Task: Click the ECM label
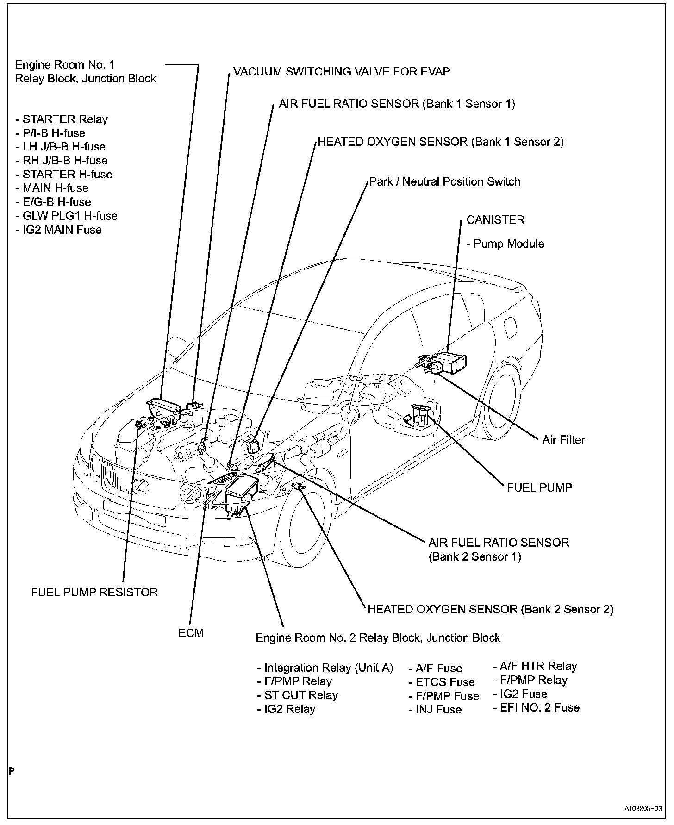191,633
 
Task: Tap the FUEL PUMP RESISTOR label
94,592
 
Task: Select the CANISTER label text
495,219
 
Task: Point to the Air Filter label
563,440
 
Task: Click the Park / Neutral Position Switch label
445,181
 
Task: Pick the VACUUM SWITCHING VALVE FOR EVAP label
342,72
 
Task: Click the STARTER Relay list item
62,119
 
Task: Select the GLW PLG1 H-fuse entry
66,216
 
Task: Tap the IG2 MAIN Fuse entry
58,230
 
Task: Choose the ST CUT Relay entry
298,695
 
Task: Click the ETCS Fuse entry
442,682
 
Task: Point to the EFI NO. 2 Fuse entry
536,707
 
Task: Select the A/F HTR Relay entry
535,666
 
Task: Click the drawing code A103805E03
643,808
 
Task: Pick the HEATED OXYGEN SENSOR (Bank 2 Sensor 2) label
490,609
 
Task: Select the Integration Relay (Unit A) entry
325,668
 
